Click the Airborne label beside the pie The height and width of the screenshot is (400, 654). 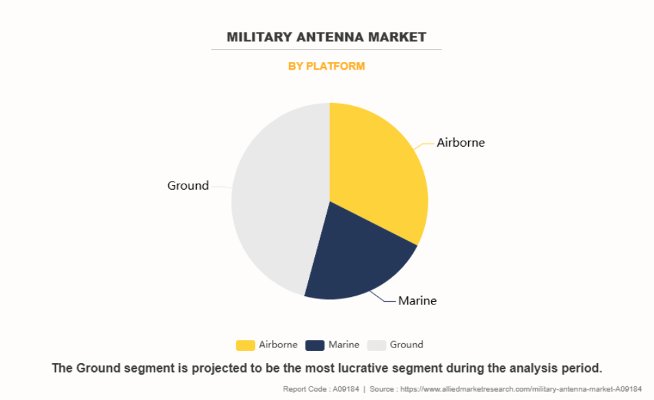(461, 143)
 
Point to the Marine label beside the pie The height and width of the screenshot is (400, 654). (417, 300)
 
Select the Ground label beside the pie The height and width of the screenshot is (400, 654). (188, 186)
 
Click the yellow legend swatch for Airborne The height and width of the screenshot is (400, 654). (245, 345)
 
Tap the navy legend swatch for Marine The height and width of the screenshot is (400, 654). (315, 345)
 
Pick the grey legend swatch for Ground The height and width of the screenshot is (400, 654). (377, 345)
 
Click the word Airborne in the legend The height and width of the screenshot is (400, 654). (278, 345)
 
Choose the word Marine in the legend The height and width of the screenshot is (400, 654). (344, 345)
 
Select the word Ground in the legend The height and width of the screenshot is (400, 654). (406, 345)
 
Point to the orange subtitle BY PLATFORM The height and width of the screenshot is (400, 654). (327, 66)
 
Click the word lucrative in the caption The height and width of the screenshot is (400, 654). (364, 369)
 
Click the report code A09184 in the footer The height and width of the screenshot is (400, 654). (346, 389)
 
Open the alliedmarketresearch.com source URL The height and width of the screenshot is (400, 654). (521, 389)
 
